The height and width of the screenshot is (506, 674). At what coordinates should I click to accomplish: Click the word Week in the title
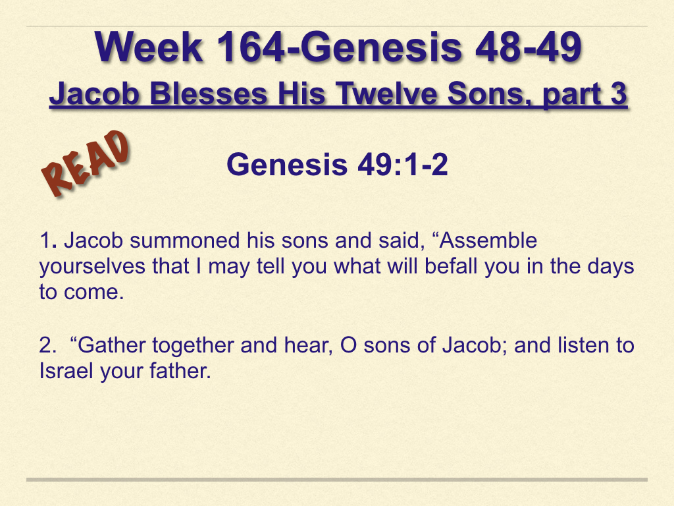coord(149,47)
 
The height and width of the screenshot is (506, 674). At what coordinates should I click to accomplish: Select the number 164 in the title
coord(249,47)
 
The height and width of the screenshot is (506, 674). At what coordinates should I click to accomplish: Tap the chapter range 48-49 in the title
coord(529,47)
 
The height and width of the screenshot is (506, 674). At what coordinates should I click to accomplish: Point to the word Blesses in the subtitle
coord(209,94)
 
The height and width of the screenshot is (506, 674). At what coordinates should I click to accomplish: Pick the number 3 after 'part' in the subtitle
coord(619,94)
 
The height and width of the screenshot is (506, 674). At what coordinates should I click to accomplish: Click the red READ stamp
coord(86,163)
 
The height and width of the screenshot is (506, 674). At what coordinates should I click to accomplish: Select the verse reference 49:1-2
coord(403,164)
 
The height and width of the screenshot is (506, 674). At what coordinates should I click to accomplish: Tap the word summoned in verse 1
coord(185,240)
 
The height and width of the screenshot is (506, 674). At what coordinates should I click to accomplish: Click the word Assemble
coord(488,240)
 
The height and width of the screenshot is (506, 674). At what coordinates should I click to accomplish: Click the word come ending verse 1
coord(94,293)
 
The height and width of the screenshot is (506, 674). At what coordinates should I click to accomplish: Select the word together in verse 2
coord(194,346)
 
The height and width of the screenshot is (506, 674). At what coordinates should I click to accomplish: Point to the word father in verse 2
coord(180,371)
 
